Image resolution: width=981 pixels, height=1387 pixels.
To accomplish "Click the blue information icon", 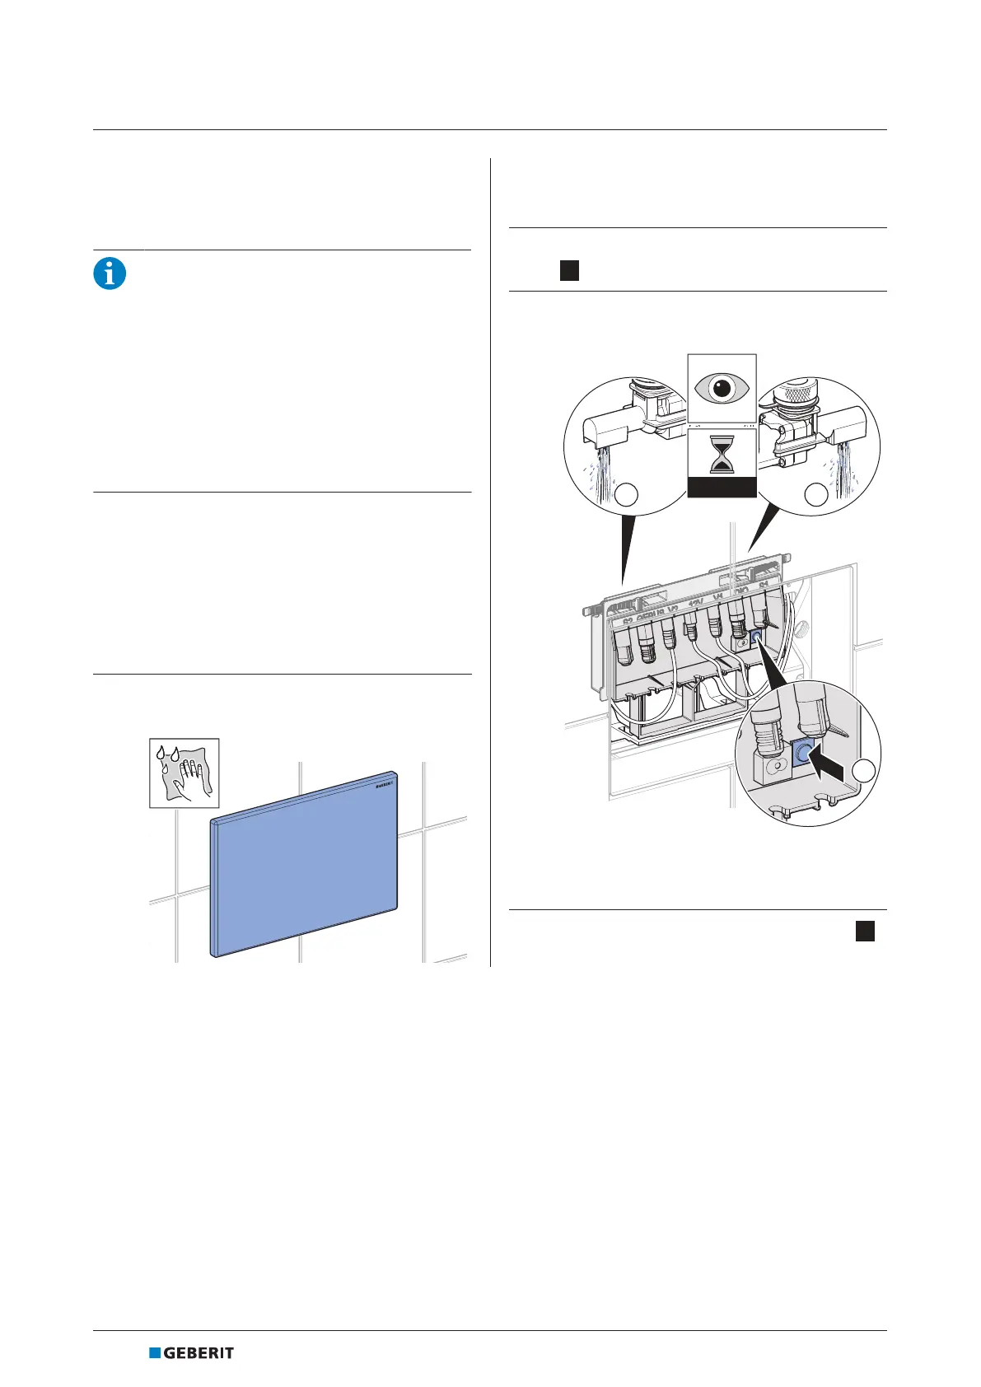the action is coord(110,273).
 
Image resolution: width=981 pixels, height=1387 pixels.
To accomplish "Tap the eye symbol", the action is coord(722,387).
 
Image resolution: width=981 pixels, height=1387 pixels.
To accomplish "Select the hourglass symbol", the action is coord(722,455).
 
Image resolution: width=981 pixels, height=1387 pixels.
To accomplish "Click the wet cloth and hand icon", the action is coord(184,773).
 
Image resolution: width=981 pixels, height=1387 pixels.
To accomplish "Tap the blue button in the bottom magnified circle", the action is coord(803,751).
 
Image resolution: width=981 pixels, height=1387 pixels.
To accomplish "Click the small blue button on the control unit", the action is coord(755,637).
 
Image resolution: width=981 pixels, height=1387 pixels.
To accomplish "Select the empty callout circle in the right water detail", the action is coord(816,494).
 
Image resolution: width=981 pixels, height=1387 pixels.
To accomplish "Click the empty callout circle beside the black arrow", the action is coord(863,771).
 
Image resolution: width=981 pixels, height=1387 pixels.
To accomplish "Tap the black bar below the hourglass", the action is coord(722,489).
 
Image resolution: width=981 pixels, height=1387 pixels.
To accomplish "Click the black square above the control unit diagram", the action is coord(569,270).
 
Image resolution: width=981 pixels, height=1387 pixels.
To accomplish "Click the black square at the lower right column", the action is coord(864,931).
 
